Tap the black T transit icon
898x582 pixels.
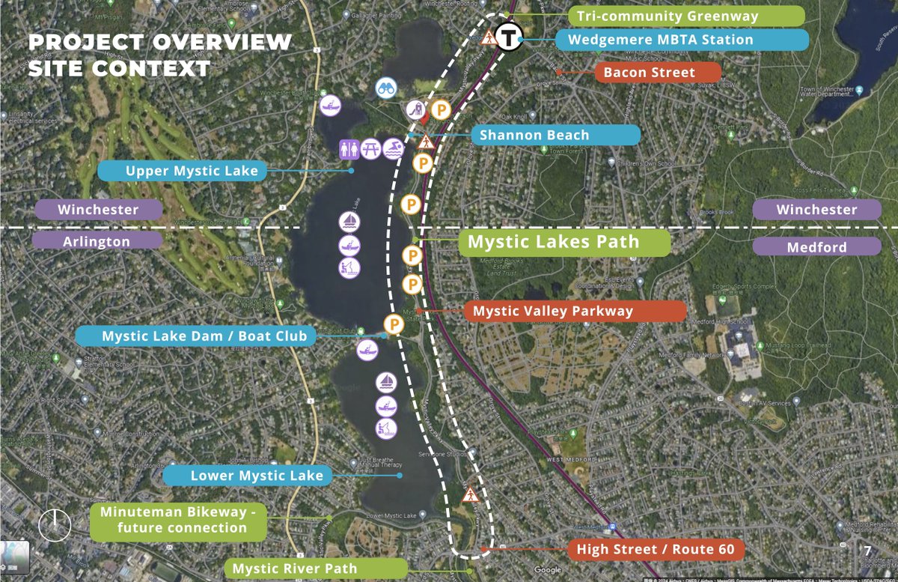(510, 35)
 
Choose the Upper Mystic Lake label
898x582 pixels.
(192, 171)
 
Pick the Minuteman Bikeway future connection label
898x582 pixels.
(178, 521)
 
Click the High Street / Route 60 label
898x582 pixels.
(655, 549)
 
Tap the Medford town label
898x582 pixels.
(816, 247)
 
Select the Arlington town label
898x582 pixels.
(97, 241)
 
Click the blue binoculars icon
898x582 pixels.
(386, 88)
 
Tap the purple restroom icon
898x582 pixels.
(349, 150)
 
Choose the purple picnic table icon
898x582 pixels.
(371, 150)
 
